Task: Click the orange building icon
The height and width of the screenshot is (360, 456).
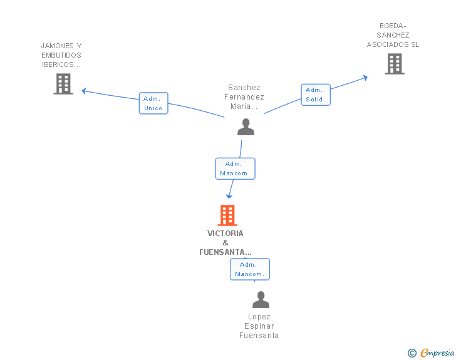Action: tap(227, 215)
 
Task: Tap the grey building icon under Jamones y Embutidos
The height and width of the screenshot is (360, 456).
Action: tap(63, 84)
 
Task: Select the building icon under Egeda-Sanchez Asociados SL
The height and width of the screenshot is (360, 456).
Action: tap(395, 64)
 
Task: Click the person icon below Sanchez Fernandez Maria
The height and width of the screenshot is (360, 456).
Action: tap(246, 127)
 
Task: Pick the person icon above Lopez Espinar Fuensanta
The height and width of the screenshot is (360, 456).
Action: tap(261, 299)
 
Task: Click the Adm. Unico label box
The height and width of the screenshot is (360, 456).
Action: tap(153, 103)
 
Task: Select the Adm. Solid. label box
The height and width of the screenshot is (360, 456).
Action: tap(316, 95)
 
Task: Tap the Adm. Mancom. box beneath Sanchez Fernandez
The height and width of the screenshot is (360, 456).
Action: tap(236, 168)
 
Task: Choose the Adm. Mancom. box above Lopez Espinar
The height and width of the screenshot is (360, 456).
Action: tap(250, 269)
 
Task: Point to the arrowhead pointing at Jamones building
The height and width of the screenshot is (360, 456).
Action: tap(84, 91)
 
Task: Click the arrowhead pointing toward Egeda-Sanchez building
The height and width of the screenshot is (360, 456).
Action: tap(366, 78)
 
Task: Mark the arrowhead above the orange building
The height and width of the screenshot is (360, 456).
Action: tap(229, 197)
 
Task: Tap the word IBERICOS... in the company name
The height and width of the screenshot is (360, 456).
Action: tap(61, 64)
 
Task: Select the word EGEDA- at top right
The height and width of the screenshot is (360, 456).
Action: tap(393, 26)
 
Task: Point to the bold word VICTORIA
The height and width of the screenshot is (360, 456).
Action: tap(225, 234)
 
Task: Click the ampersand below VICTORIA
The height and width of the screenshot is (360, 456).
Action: tap(225, 243)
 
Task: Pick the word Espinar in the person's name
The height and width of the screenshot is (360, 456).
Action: tap(259, 326)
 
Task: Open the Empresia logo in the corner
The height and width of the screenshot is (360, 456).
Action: tap(431, 352)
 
